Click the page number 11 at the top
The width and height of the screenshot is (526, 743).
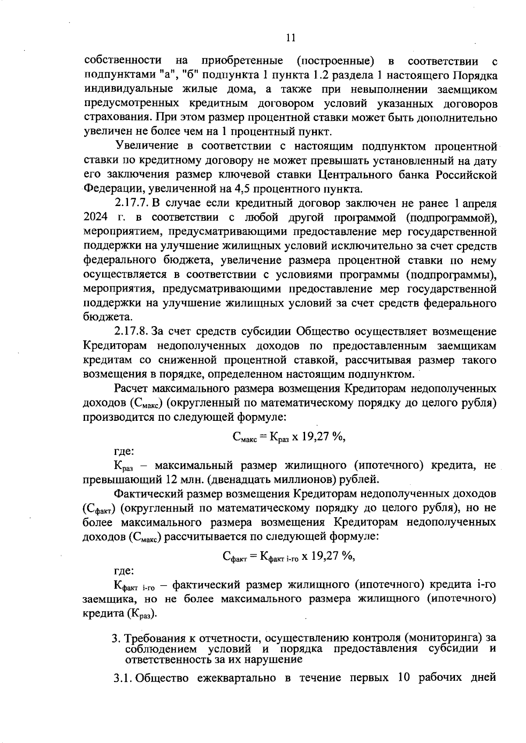tap(290, 38)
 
